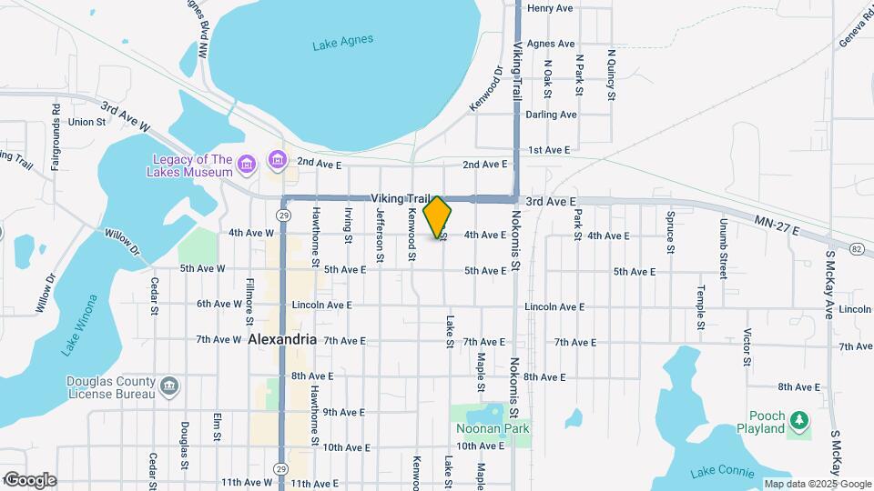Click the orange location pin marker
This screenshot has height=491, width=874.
(438, 217)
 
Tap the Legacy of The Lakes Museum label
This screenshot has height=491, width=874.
(191, 165)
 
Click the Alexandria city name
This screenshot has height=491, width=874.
(282, 339)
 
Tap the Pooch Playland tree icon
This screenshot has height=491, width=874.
(798, 420)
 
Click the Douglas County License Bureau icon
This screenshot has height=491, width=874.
(168, 387)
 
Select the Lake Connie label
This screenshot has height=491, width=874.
(722, 472)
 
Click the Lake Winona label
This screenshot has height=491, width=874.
(79, 325)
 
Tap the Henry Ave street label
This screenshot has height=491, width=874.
(550, 8)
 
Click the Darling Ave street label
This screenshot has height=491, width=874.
(552, 115)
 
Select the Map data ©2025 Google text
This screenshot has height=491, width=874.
(817, 484)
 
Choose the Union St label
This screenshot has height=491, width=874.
(86, 121)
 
